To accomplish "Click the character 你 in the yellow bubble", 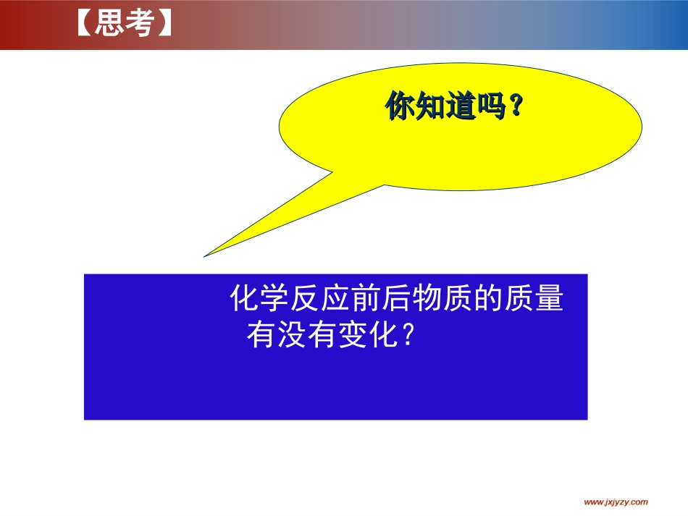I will tap(400, 107).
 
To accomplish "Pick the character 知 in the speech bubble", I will tap(430, 107).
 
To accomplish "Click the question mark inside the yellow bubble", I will tap(516, 107).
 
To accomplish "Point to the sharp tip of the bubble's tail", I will tap(206, 255).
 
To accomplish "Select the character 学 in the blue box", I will tap(274, 299).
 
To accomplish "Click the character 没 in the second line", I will tap(293, 336).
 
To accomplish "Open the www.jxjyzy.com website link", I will tap(616, 502).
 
